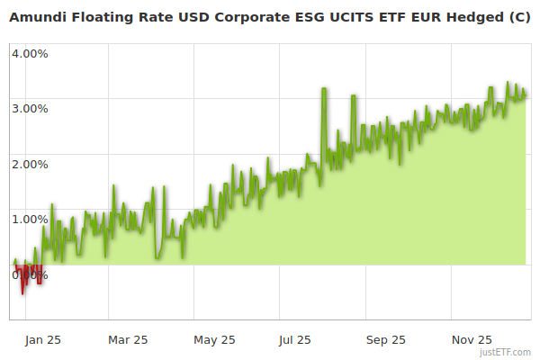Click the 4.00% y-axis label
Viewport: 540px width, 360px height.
[30, 53]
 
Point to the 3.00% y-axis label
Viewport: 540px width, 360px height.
[30, 108]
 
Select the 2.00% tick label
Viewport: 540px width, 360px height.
[30, 164]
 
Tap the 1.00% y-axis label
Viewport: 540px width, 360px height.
[30, 219]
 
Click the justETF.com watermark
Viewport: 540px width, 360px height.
[506, 352]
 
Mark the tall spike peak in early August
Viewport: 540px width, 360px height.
[323, 89]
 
